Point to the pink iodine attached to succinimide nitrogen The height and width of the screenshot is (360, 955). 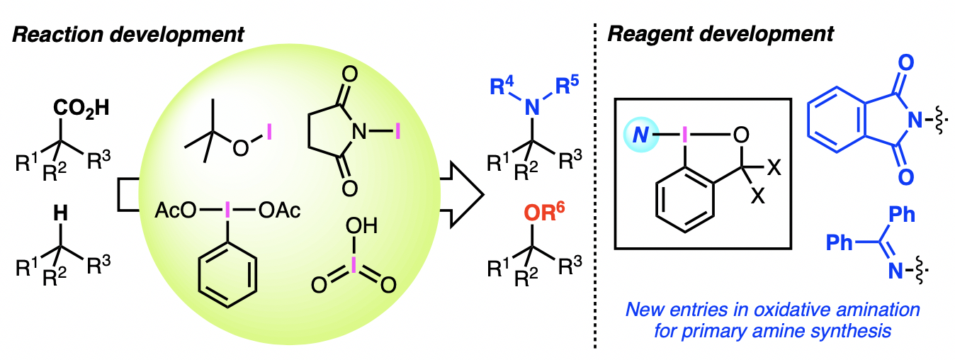point(394,130)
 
